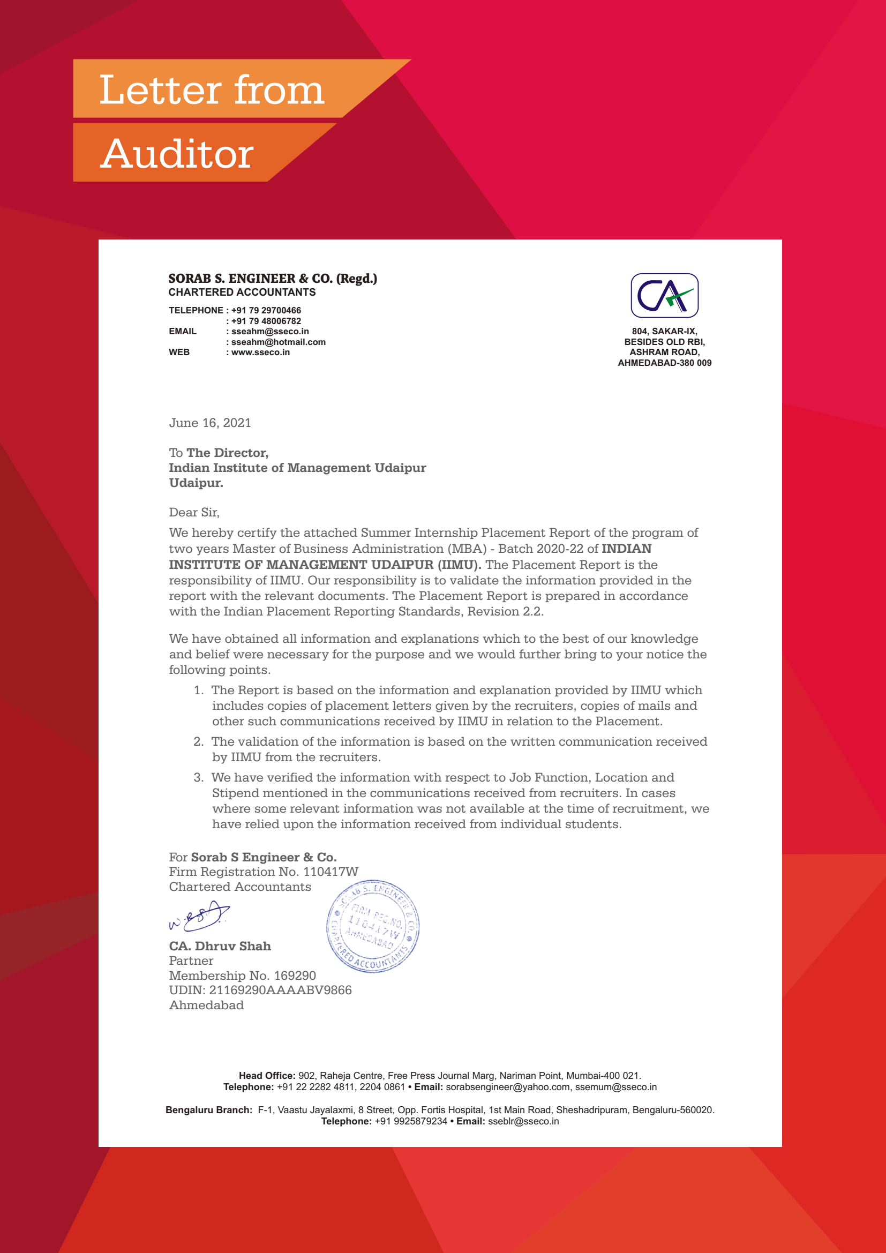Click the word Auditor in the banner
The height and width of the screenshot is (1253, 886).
[177, 154]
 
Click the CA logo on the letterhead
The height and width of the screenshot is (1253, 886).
[664, 295]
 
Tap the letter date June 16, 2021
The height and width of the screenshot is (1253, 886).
[210, 423]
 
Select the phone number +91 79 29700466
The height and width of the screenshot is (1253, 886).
[266, 311]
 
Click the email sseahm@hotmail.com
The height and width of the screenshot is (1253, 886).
[278, 342]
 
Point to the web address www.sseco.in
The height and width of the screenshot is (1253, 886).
[260, 352]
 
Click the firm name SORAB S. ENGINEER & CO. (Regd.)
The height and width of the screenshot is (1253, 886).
[272, 279]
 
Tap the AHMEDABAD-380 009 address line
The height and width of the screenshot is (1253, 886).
[664, 363]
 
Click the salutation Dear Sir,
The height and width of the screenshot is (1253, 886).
[194, 513]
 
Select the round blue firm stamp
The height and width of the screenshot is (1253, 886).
[373, 926]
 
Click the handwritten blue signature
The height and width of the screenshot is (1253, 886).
[199, 916]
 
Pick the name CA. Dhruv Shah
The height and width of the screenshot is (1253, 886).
[220, 946]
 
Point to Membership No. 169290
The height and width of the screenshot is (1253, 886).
[242, 976]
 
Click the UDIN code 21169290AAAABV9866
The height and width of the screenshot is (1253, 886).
[280, 991]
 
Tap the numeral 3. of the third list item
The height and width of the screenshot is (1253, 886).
[199, 778]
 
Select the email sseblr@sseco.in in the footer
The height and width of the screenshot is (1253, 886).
[523, 1121]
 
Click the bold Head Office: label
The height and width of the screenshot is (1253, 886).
[267, 1076]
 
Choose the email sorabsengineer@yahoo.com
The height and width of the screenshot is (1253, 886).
[507, 1087]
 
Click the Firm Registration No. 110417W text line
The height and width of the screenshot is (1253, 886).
[264, 872]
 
